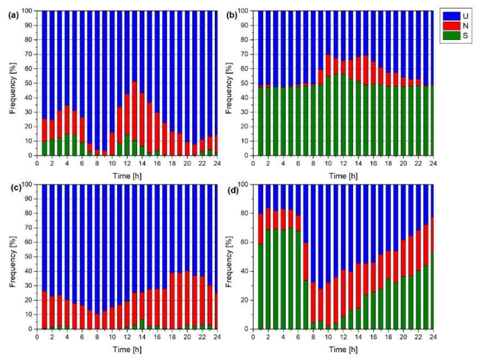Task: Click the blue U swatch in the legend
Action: [452, 16]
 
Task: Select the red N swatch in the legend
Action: [452, 26]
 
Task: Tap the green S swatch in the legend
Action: [452, 35]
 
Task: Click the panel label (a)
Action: [14, 15]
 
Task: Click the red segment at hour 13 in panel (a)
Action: [135, 111]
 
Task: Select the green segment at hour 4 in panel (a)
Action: [67, 145]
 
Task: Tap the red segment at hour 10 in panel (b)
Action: [328, 65]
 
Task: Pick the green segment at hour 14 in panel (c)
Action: [142, 324]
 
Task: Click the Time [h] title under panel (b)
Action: [343, 176]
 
